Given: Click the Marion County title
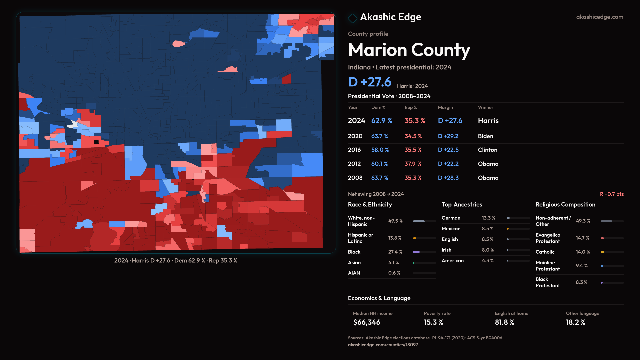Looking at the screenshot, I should (x=409, y=50).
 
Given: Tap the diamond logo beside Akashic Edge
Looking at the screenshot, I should (x=352, y=18).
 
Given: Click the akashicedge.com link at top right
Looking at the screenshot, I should (x=600, y=17).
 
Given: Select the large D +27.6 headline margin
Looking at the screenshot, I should (x=370, y=82).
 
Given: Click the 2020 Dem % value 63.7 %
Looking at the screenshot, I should (x=380, y=136).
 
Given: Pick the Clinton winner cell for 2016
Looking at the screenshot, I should (x=487, y=150).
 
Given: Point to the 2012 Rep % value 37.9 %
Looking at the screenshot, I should (x=413, y=164).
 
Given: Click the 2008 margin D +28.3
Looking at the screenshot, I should (x=448, y=178).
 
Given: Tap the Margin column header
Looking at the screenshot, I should (x=445, y=107).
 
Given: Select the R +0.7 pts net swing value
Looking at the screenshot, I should (x=612, y=194).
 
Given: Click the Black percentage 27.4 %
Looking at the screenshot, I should (x=395, y=252).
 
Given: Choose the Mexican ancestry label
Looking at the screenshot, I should (x=451, y=229).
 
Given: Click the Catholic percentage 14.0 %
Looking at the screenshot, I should (x=583, y=252).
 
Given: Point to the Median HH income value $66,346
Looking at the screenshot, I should (x=367, y=322).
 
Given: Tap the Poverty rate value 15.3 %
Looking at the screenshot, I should (x=433, y=322).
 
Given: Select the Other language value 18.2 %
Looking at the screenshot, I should (x=575, y=322).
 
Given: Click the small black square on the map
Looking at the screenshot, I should (x=96, y=142).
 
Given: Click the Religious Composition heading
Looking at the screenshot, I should (x=565, y=205).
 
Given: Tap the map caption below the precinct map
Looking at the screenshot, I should (x=176, y=261).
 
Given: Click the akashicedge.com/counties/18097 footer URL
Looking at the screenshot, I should (x=383, y=345).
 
